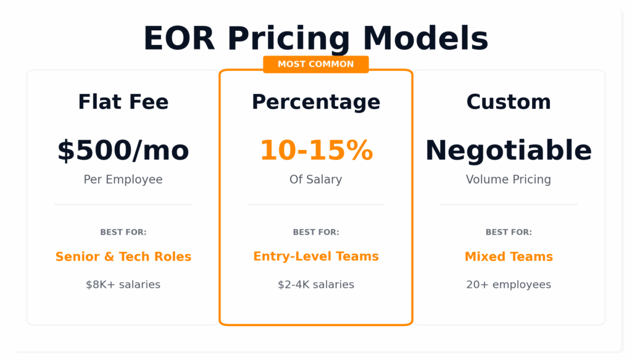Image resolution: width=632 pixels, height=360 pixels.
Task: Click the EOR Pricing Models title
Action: pos(316,38)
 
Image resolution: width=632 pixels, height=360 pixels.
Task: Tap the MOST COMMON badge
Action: pos(316,64)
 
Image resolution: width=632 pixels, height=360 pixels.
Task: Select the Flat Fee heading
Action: pos(123,102)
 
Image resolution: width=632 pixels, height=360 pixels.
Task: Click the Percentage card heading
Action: pos(316,102)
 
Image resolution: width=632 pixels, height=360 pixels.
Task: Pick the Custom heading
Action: pos(509,102)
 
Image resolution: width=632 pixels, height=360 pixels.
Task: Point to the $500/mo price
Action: pos(123,151)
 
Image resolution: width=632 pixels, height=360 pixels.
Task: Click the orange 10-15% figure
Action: pos(317,150)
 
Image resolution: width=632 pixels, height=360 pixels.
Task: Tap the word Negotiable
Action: pos(509,151)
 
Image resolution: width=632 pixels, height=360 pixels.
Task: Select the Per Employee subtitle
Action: pos(123,180)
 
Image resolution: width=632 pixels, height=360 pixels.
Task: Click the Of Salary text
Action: pos(316,180)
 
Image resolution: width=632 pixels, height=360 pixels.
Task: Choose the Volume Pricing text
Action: pos(509,180)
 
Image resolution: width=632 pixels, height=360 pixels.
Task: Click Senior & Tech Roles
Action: pos(123,256)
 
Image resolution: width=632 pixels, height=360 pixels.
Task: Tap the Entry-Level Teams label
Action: pos(316,256)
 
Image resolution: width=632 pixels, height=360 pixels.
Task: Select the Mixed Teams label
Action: pos(509,256)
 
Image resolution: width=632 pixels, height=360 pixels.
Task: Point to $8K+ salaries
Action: pos(123,285)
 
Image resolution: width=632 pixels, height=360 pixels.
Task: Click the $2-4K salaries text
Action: pos(316,285)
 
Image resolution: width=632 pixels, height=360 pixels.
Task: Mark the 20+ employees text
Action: pos(509,285)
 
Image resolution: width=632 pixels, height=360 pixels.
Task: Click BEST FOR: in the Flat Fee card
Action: pos(123,232)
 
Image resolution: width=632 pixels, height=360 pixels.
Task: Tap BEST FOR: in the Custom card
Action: pos(509,232)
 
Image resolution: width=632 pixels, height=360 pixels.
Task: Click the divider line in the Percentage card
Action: pos(316,205)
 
